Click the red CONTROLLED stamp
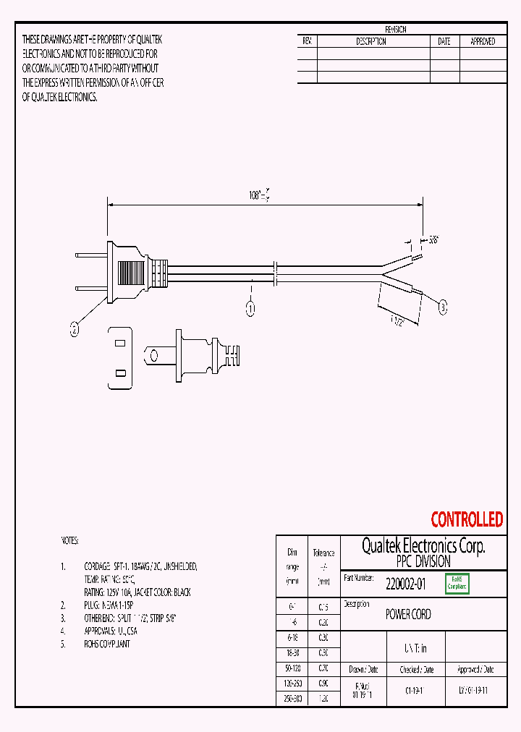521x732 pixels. tap(467, 519)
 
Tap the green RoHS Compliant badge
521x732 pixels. tap(457, 583)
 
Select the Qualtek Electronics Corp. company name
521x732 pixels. tap(423, 546)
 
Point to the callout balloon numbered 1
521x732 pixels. tap(251, 309)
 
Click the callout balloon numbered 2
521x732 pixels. tap(74, 330)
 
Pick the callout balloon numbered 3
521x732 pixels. tap(443, 307)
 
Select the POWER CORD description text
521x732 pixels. tap(408, 614)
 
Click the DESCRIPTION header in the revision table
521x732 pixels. tap(371, 42)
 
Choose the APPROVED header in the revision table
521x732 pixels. tap(483, 42)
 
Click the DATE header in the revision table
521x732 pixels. tap(444, 42)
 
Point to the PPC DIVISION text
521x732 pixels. tap(423, 561)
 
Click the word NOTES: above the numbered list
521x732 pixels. tap(69, 540)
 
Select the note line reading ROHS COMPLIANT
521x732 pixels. tap(107, 644)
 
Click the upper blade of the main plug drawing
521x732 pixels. tap(90, 255)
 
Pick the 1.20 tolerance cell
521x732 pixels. tap(323, 699)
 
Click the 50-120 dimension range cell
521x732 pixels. tap(292, 668)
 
